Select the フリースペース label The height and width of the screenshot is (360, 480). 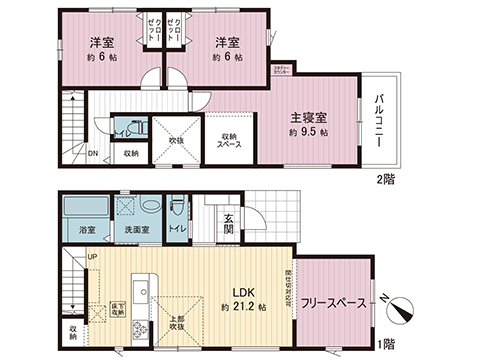pyautogui.click(x=332, y=302)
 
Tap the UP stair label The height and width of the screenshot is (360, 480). pyautogui.click(x=92, y=258)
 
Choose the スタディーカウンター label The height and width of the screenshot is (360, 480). pyautogui.click(x=283, y=70)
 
